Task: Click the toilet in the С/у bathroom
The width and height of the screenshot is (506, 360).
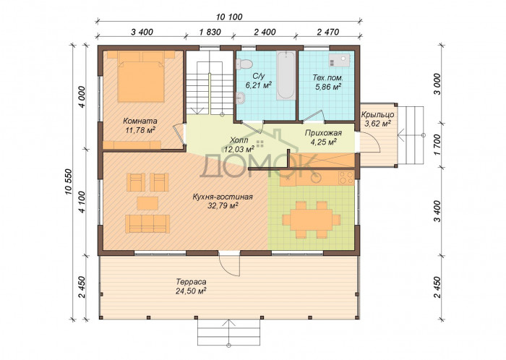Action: pyautogui.click(x=244, y=63)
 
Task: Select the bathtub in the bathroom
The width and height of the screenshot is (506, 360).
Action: pyautogui.click(x=286, y=75)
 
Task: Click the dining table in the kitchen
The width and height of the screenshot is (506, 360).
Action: pyautogui.click(x=311, y=220)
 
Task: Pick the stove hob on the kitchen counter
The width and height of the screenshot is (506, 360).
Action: pyautogui.click(x=346, y=178)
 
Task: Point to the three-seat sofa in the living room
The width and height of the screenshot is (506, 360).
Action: pyautogui.click(x=147, y=223)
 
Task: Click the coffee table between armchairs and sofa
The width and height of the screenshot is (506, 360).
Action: pyautogui.click(x=147, y=203)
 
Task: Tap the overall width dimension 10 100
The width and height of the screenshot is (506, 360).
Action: pyautogui.click(x=229, y=17)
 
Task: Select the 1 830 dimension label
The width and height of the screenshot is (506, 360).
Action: pyautogui.click(x=210, y=32)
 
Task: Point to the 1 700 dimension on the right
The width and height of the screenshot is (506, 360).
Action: pyautogui.click(x=437, y=145)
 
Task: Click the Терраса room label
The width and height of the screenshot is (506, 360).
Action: pyautogui.click(x=191, y=282)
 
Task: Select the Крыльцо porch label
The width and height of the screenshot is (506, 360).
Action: pyautogui.click(x=377, y=114)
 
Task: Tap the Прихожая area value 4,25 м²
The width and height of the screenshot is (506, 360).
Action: pyautogui.click(x=323, y=141)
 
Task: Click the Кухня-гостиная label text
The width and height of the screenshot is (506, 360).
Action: pyautogui.click(x=223, y=197)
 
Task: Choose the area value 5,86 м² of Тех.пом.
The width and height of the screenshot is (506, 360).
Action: pyautogui.click(x=328, y=86)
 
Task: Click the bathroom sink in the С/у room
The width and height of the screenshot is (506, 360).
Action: pyautogui.click(x=240, y=98)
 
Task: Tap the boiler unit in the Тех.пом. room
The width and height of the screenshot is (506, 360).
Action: pyautogui.click(x=339, y=60)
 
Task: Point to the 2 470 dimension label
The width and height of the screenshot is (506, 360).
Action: pyautogui.click(x=328, y=32)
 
